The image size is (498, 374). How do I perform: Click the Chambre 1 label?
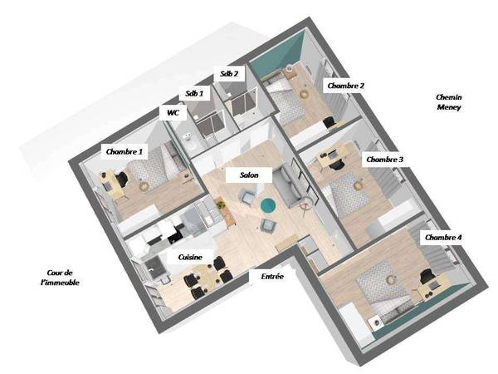click(x=124, y=152)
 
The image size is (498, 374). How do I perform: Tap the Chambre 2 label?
click(x=345, y=86)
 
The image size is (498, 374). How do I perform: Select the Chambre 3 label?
click(x=384, y=160)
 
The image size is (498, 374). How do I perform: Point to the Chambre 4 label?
click(x=443, y=238)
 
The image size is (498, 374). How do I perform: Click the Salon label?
click(x=249, y=175)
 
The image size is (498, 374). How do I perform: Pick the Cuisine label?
click(x=190, y=257)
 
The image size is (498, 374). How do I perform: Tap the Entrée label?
click(x=272, y=277)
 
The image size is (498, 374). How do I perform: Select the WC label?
click(x=173, y=112)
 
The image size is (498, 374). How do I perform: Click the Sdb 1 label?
click(x=194, y=93)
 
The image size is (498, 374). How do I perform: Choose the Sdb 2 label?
click(x=229, y=74)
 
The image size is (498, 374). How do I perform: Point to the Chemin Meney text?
click(x=449, y=102)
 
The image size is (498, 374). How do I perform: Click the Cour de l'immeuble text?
click(x=60, y=278)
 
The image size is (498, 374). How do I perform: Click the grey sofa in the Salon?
click(x=288, y=186)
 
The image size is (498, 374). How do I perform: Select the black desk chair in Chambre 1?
click(x=121, y=180)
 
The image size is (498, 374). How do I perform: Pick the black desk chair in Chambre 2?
click(x=330, y=122)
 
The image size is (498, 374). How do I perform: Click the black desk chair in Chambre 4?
click(x=426, y=276)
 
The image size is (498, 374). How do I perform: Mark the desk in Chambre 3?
click(x=331, y=156)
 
